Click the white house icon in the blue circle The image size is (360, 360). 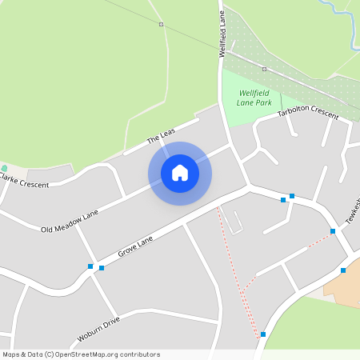point(180,173)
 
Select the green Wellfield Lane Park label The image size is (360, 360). point(255,98)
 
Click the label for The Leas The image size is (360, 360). point(161,137)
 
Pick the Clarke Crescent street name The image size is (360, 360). point(23,180)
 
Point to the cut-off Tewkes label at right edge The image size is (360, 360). point(352,211)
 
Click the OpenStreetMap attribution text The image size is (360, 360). point(81,354)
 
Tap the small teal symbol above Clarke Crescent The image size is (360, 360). point(4,168)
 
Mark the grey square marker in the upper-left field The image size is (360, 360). point(161,25)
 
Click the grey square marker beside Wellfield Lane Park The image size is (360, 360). point(265,70)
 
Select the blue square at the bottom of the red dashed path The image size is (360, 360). point(262,334)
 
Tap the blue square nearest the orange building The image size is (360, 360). point(343,270)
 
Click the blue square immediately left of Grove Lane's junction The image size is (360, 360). point(90,266)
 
